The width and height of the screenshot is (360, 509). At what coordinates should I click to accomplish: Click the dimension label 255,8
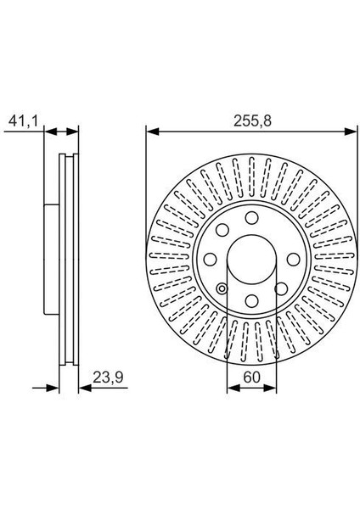click(252, 121)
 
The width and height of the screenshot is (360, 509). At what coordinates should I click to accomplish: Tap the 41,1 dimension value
click(24, 121)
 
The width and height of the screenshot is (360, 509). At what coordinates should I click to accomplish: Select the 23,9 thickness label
click(108, 378)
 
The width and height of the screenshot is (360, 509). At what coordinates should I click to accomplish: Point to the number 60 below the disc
click(252, 378)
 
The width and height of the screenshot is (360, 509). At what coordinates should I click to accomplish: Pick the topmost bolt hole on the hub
click(252, 218)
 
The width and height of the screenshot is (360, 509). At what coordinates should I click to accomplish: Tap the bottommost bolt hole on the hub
click(252, 301)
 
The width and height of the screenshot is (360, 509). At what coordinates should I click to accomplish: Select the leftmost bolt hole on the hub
click(211, 260)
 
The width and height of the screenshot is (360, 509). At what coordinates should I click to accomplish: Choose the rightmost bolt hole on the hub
click(294, 260)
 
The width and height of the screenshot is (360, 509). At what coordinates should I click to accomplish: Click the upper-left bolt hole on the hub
click(222, 230)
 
